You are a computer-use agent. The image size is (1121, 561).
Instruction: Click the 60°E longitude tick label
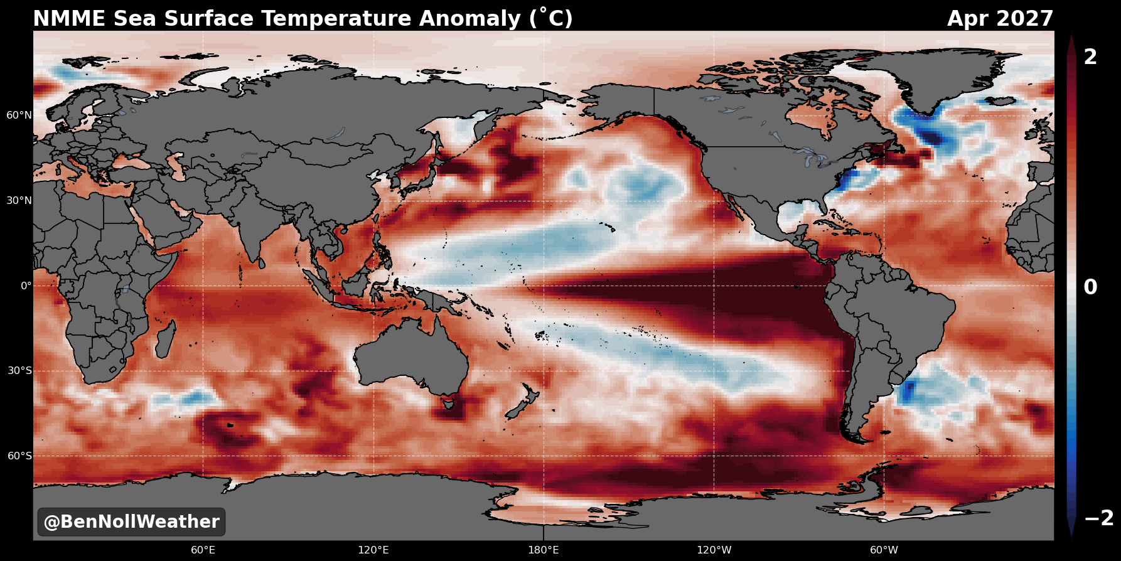pyautogui.click(x=203, y=550)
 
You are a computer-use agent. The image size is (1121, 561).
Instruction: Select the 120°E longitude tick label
pyautogui.click(x=373, y=550)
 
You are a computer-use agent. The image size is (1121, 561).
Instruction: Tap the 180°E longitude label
pyautogui.click(x=544, y=550)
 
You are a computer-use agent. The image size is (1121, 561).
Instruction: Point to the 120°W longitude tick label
pyautogui.click(x=714, y=550)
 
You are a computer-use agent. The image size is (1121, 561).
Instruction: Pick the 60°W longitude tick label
pyautogui.click(x=884, y=550)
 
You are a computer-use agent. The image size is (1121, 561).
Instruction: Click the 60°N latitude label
pyautogui.click(x=19, y=115)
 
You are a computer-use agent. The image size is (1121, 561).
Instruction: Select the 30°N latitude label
pyautogui.click(x=19, y=201)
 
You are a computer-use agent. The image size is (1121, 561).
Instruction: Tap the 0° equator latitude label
pyautogui.click(x=26, y=286)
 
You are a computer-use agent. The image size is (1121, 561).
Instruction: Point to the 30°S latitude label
pyautogui.click(x=19, y=371)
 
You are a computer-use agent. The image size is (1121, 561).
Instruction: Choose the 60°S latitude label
pyautogui.click(x=19, y=456)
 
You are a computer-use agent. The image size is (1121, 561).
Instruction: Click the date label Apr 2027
pyautogui.click(x=1000, y=19)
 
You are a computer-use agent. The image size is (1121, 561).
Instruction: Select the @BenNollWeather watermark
pyautogui.click(x=131, y=522)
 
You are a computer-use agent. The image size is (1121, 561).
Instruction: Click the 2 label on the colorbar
pyautogui.click(x=1091, y=57)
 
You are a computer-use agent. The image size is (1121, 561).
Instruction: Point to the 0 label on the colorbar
pyautogui.click(x=1091, y=287)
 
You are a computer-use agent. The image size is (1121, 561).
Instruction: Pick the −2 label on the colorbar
pyautogui.click(x=1098, y=518)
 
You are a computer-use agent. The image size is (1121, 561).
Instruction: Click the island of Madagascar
pyautogui.click(x=165, y=338)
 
